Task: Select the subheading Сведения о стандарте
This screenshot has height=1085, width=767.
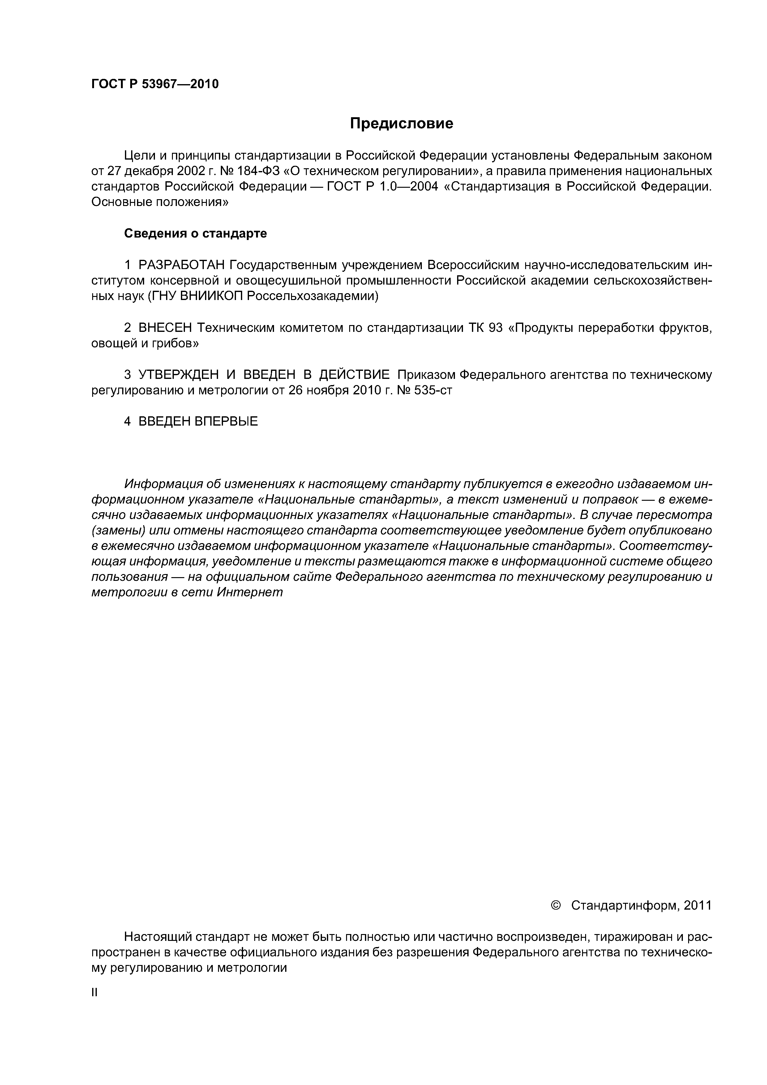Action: point(195,234)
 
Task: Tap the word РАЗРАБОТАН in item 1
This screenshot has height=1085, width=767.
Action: point(180,265)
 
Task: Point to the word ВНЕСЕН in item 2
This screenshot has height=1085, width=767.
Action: point(165,328)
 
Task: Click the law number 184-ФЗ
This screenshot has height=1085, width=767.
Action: point(255,171)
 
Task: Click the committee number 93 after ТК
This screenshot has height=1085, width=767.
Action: point(495,328)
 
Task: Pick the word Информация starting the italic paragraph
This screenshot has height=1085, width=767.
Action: point(163,484)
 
